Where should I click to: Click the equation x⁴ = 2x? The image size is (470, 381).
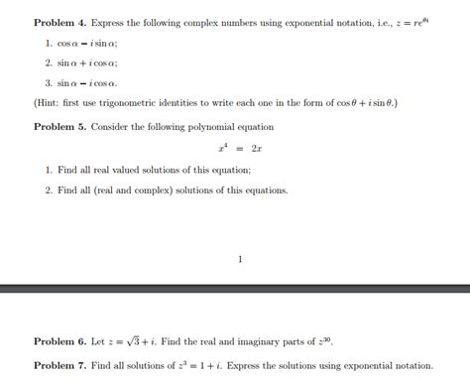(239, 148)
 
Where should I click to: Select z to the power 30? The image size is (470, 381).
(322, 340)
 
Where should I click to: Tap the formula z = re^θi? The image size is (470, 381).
(415, 21)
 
